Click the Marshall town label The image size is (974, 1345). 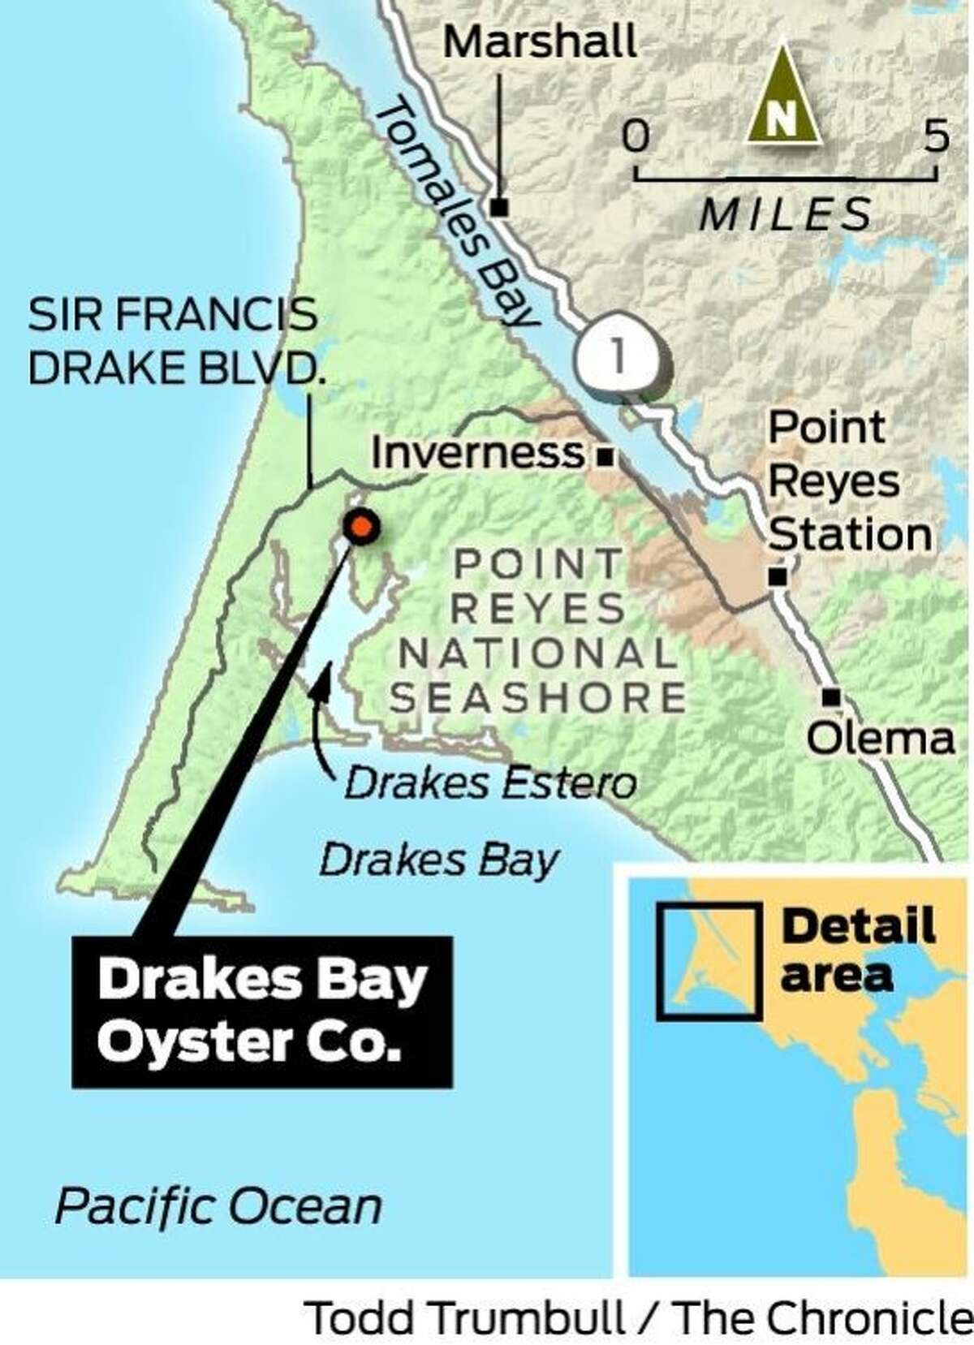[x=541, y=43]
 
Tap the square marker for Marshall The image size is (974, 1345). [x=500, y=208]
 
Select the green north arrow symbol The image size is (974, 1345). [x=781, y=97]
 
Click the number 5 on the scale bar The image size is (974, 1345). [x=936, y=136]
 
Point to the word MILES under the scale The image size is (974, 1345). [x=786, y=216]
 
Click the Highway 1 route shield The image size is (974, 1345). [x=618, y=357]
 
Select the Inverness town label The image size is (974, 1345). [x=477, y=453]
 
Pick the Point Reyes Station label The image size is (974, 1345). [x=849, y=481]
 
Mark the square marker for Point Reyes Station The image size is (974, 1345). [x=778, y=576]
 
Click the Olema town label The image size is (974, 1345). [x=880, y=739]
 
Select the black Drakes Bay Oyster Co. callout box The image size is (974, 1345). [x=261, y=1011]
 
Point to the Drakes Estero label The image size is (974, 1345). [x=490, y=784]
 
